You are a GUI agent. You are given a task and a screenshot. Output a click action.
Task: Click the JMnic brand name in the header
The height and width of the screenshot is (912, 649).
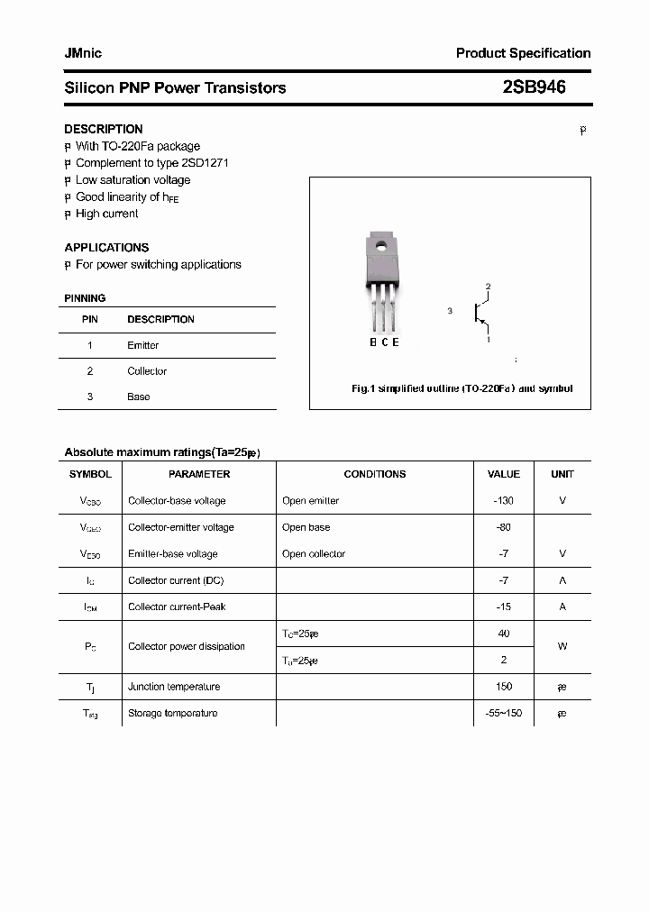(83, 53)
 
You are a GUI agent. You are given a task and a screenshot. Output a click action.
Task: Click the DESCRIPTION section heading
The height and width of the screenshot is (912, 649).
(103, 129)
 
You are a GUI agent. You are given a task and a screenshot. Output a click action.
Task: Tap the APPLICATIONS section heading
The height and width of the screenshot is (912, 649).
(106, 247)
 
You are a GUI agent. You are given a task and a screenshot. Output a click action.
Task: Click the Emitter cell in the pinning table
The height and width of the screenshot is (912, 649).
(142, 345)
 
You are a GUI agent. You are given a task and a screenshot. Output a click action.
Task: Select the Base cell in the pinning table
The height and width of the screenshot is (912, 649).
(138, 397)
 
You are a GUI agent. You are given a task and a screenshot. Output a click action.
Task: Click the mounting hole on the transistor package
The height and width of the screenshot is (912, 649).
(380, 244)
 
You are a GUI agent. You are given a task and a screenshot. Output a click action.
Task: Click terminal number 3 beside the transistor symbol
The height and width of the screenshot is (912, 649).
(449, 311)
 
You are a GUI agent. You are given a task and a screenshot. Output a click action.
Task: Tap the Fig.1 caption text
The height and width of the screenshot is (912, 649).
(462, 389)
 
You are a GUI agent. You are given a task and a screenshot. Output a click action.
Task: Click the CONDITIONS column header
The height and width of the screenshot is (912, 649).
(374, 474)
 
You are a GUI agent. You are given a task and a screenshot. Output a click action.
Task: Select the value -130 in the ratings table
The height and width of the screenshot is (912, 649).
(503, 500)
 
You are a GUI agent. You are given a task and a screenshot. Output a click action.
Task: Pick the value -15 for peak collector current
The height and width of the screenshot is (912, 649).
(503, 606)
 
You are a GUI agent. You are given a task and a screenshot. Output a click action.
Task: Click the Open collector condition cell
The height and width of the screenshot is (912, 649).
(313, 553)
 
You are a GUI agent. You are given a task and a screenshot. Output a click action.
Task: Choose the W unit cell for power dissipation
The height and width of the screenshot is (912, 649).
(562, 646)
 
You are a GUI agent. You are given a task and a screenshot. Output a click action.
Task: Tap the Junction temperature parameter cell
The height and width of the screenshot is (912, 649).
(174, 687)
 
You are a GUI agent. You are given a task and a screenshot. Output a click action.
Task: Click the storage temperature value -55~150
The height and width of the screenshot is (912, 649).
(503, 713)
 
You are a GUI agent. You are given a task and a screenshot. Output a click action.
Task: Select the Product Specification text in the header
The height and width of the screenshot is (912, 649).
(523, 53)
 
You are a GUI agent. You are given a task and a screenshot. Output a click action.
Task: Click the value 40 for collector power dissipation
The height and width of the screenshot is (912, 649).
(503, 634)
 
